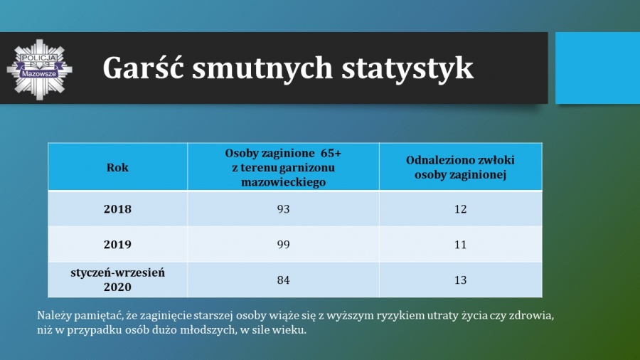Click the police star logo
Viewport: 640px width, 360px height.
click(40, 70)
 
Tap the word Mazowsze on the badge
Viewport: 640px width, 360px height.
click(39, 74)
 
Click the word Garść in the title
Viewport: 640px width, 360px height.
click(143, 68)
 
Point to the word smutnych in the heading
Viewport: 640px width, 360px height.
click(262, 68)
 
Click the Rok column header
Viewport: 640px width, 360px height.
click(117, 167)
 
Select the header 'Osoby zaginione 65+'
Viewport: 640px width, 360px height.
click(283, 154)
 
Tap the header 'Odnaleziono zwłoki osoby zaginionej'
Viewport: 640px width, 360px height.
click(460, 167)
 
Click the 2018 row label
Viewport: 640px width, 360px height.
click(117, 209)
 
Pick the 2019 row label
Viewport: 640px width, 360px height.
click(117, 245)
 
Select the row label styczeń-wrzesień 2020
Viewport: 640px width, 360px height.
click(117, 280)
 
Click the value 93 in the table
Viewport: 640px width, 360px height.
click(283, 209)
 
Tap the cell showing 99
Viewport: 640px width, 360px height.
click(283, 245)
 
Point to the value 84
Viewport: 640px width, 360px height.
click(283, 280)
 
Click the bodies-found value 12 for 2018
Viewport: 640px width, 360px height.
click(460, 209)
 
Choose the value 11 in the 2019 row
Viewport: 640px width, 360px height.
click(460, 245)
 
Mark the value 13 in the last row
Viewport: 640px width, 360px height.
click(460, 280)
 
